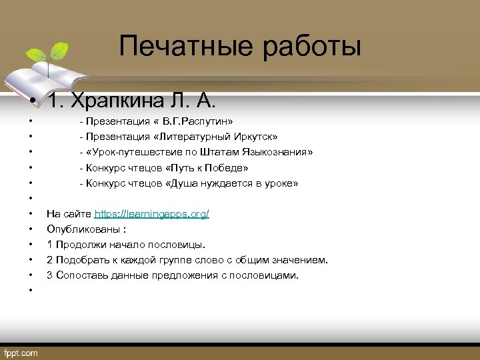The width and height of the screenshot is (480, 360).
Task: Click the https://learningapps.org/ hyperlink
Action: coord(151,214)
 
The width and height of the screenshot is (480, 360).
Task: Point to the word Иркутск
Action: coord(255,137)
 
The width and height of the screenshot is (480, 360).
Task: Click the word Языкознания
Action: coord(277,153)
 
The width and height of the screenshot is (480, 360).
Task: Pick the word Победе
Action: coord(229,168)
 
